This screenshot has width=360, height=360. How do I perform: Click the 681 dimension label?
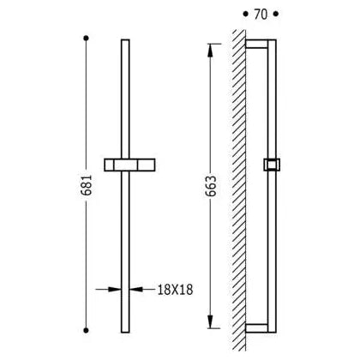click(x=86, y=185)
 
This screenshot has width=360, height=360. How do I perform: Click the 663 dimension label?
click(x=211, y=186)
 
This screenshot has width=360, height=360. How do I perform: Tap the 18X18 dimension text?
click(x=176, y=290)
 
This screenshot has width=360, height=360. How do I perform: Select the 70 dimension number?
click(x=261, y=15)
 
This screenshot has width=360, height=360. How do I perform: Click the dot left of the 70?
click(x=245, y=14)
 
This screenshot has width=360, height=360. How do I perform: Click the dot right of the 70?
click(x=275, y=14)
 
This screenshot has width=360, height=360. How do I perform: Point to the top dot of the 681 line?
click(x=86, y=38)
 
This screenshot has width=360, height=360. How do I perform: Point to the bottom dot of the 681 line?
click(x=86, y=330)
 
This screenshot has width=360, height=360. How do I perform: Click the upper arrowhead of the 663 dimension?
click(x=210, y=51)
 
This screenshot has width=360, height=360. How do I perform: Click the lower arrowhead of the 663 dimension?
click(x=210, y=321)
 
